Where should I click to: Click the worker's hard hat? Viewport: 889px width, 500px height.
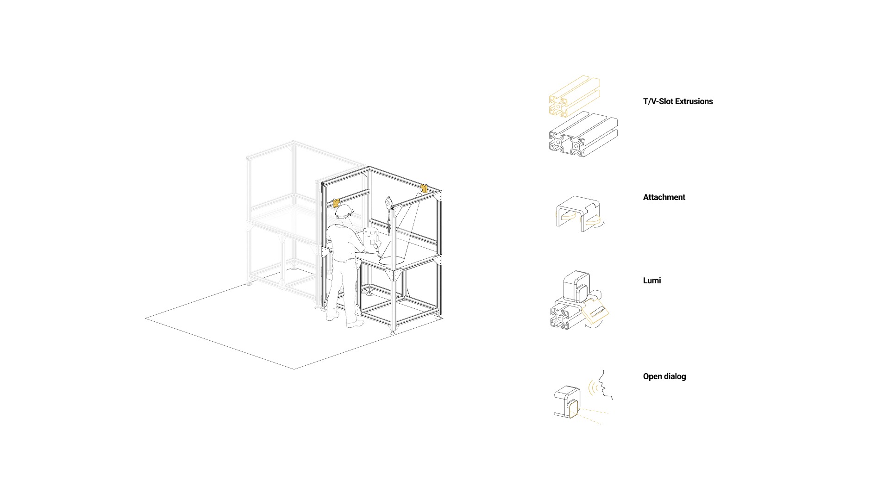344,211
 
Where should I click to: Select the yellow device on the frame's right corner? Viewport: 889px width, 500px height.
423,187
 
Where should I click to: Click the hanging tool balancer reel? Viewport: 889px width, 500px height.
388,201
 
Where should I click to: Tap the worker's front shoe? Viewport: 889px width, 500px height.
355,324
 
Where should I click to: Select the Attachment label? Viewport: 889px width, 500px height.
664,197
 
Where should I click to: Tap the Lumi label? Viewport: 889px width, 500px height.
651,281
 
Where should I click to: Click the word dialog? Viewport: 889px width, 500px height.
675,376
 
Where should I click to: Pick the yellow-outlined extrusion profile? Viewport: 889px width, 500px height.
574,96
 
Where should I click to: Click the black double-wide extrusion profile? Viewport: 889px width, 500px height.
582,135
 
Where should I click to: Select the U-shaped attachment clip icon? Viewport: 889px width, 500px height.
578,213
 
